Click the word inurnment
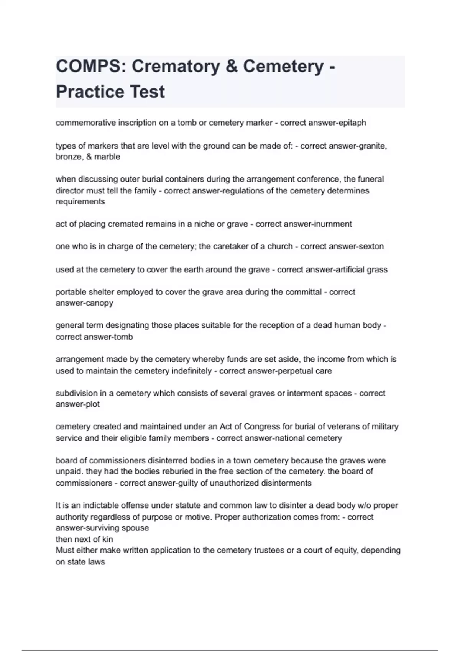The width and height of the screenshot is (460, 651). [x=333, y=224]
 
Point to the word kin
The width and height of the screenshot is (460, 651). [x=108, y=539]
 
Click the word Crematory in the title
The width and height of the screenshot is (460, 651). [x=176, y=66]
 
